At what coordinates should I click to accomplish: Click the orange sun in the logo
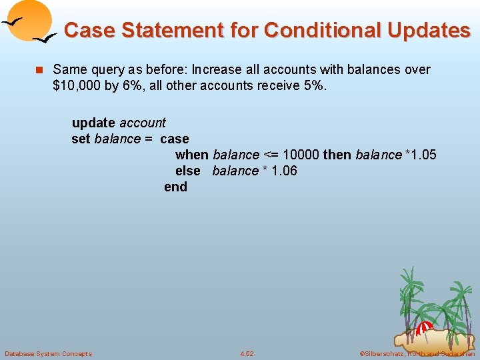(x=30, y=20)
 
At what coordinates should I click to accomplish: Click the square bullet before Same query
(x=39, y=70)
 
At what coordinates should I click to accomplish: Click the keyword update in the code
(x=93, y=123)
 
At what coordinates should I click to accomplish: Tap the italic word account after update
(x=143, y=123)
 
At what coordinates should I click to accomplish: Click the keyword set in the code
(x=81, y=139)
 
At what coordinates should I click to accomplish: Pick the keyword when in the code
(x=192, y=155)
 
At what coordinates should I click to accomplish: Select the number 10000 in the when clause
(x=301, y=155)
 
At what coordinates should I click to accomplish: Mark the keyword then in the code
(x=337, y=155)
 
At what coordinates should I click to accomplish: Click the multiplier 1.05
(x=423, y=155)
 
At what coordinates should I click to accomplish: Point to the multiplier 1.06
(x=284, y=171)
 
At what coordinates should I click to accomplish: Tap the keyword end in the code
(x=175, y=187)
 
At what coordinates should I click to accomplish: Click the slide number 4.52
(x=247, y=353)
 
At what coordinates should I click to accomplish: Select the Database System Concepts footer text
(x=48, y=353)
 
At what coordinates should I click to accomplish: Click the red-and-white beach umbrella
(x=425, y=327)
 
